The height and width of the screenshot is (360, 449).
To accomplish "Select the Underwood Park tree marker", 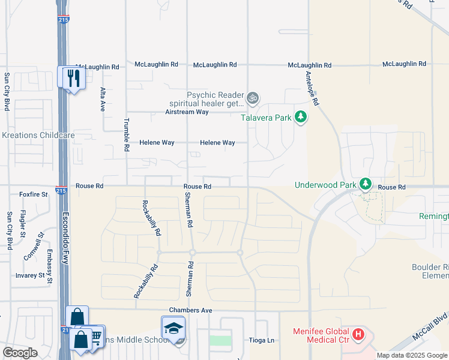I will tap(364, 184).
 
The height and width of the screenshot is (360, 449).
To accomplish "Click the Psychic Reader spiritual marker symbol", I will tap(253, 96).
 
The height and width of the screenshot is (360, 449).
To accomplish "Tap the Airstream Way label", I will tap(187, 112).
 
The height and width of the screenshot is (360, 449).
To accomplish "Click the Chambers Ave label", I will tap(191, 310).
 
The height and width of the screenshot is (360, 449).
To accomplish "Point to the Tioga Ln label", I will tap(262, 340).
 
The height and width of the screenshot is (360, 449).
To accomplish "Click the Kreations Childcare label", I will tap(38, 135).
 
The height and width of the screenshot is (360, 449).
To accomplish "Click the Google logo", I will tap(20, 353).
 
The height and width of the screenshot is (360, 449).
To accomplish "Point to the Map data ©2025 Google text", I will tap(411, 355).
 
